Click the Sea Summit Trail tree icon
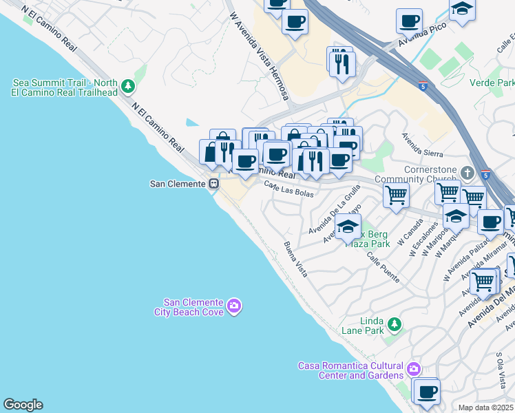pyautogui.click(x=127, y=86)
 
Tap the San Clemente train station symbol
pyautogui.click(x=214, y=184)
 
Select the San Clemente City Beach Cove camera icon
pyautogui.click(x=234, y=306)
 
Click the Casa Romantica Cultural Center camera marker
pyautogui.click(x=413, y=369)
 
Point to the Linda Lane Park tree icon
pyautogui.click(x=394, y=324)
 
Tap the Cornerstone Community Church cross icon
pyautogui.click(x=467, y=172)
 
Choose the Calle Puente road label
pyautogui.click(x=383, y=267)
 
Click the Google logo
pyautogui.click(x=23, y=405)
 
